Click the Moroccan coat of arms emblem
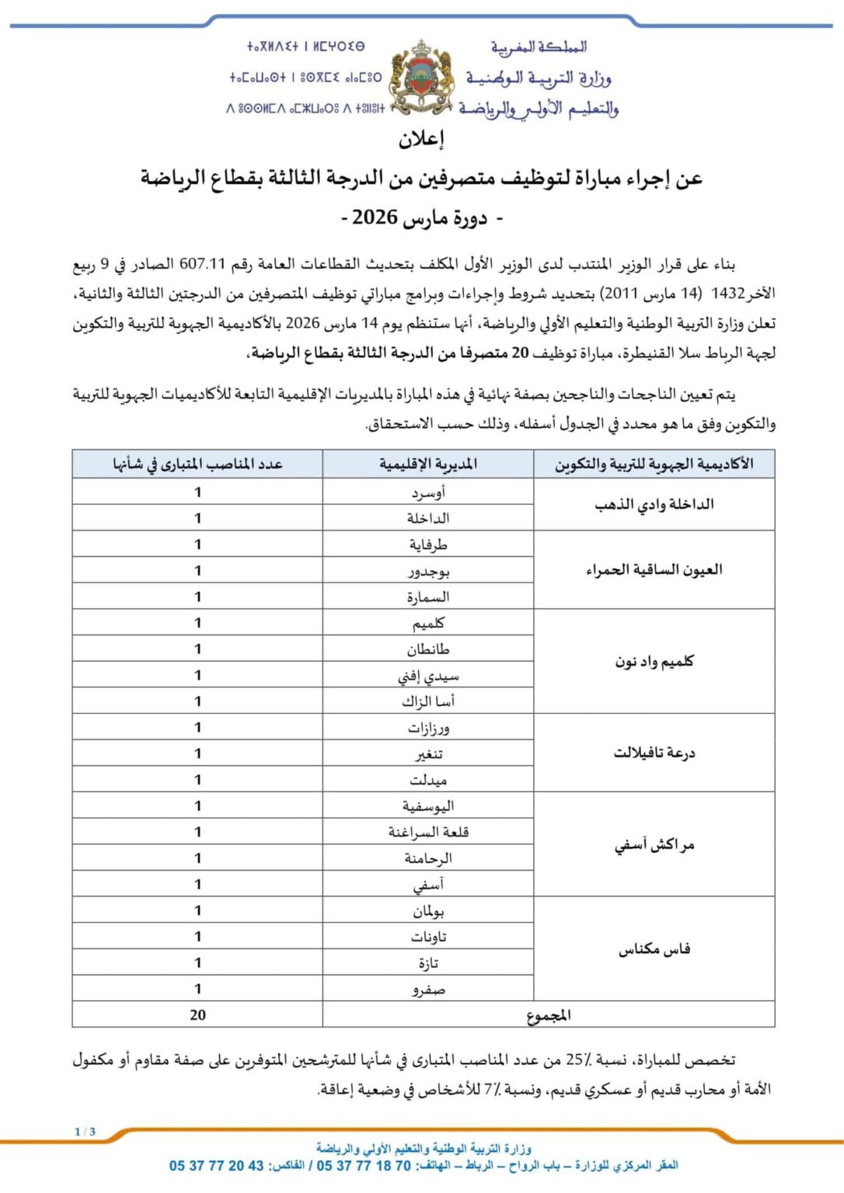point(420,78)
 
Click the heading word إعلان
point(421,139)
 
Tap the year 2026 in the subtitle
point(375,217)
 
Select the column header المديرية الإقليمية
point(428,464)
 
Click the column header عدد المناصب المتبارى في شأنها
point(197,464)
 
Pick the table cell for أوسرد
point(428,492)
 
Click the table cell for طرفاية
point(428,544)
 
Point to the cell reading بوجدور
point(428,571)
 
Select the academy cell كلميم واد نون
point(654,661)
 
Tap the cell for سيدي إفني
point(428,676)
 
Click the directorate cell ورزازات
point(428,728)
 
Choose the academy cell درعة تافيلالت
point(654,753)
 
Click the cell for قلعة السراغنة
point(428,832)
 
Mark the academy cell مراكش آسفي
point(654,844)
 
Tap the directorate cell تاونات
point(428,937)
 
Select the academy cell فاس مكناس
point(654,948)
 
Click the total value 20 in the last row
point(197,1014)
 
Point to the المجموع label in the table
point(548,1014)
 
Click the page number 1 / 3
point(85,1132)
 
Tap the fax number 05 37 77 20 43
point(217,1165)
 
